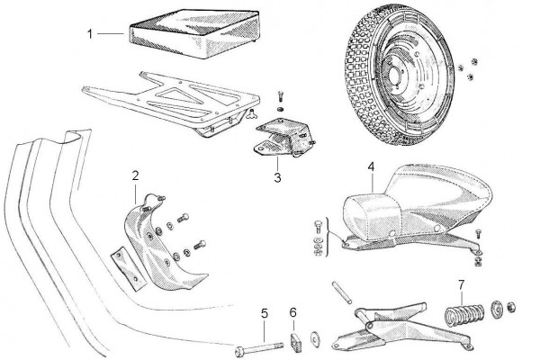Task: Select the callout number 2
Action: (135, 174)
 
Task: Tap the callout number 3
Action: (277, 178)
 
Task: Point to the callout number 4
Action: (371, 166)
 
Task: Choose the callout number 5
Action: (264, 313)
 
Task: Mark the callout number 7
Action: (461, 286)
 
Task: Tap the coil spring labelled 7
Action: (465, 317)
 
